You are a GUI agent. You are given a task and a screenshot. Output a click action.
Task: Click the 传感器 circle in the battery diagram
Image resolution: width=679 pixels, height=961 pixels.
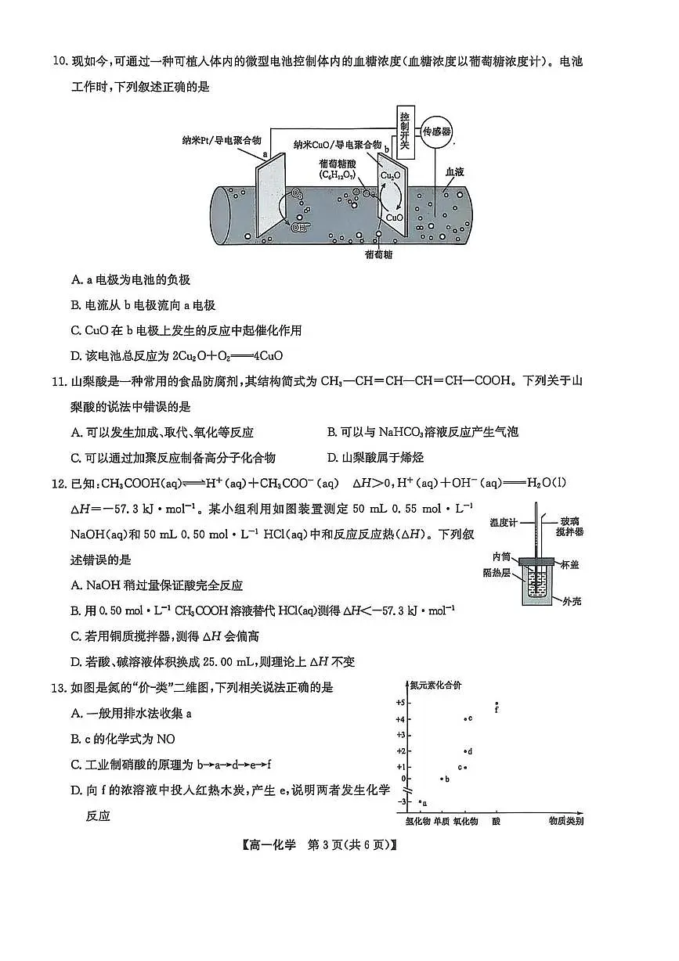coord(438,131)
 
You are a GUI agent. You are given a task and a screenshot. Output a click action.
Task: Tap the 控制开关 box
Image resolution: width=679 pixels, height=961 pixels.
coord(404,128)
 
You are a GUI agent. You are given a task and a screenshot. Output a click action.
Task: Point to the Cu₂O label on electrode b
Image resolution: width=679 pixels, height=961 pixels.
coord(390,176)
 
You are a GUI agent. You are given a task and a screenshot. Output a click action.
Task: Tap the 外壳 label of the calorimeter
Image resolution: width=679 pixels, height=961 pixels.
coord(572,602)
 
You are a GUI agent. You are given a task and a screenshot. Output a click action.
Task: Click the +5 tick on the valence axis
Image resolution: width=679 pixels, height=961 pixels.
coord(400,703)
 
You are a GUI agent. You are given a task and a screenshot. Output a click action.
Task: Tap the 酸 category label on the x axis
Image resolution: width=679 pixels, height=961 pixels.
coord(496,821)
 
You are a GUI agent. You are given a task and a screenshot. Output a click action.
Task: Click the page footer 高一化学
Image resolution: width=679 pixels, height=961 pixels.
coord(273,845)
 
